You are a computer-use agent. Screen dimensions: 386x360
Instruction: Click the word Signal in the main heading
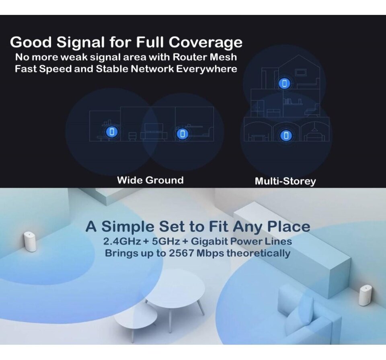[80, 42]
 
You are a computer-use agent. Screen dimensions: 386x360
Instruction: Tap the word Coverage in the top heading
[205, 42]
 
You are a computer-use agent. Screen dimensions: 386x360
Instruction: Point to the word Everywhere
[207, 69]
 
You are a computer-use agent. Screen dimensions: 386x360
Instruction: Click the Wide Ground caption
[150, 180]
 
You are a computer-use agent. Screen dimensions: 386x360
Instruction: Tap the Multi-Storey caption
[285, 181]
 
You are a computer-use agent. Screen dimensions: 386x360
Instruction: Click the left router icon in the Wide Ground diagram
[112, 132]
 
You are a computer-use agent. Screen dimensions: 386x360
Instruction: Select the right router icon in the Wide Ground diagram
[183, 134]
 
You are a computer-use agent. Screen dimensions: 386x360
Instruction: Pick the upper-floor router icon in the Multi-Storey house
[285, 84]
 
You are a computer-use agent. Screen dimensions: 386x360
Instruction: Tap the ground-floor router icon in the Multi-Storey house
[286, 135]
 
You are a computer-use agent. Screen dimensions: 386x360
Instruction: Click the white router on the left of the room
[30, 241]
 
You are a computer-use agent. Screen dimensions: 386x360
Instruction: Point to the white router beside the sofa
[365, 295]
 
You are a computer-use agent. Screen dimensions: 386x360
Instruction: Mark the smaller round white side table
[136, 317]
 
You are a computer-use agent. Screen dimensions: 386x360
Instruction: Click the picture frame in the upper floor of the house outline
[301, 73]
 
